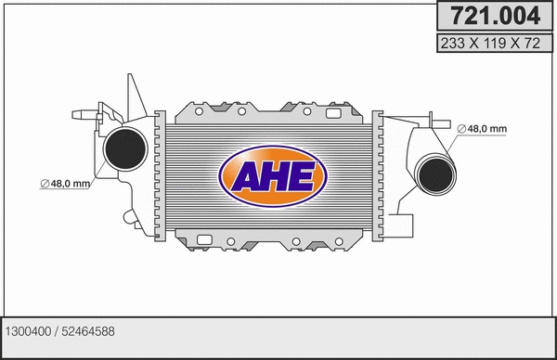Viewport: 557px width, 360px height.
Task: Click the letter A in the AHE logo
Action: (x=243, y=175)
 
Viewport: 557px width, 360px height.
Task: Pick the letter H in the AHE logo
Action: (x=273, y=175)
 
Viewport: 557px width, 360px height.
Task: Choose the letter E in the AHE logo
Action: (x=303, y=175)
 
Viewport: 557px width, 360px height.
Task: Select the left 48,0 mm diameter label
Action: (x=65, y=184)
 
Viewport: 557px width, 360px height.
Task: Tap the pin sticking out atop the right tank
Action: (x=432, y=117)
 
